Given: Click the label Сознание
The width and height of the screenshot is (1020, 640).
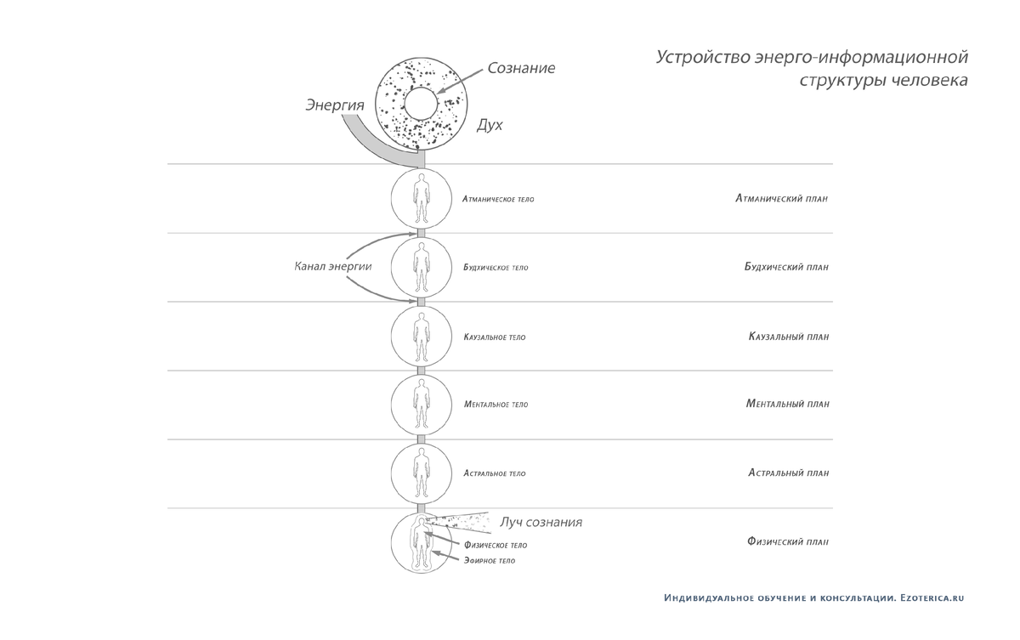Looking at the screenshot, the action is pyautogui.click(x=521, y=68).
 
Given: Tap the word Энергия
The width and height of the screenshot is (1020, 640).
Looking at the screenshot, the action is pyautogui.click(x=335, y=105).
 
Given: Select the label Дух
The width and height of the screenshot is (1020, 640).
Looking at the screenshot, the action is pyautogui.click(x=490, y=125).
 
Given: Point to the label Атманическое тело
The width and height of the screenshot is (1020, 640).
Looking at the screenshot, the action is pyautogui.click(x=498, y=200).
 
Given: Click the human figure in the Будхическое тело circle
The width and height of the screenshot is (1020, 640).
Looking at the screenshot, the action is pyautogui.click(x=422, y=267).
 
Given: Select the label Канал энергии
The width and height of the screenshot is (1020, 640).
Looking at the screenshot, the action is pyautogui.click(x=333, y=266).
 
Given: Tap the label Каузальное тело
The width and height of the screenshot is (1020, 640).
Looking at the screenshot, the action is pyautogui.click(x=495, y=337).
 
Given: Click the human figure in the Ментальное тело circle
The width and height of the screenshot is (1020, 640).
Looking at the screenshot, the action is pyautogui.click(x=422, y=405).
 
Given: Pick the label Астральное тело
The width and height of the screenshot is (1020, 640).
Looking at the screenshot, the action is pyautogui.click(x=495, y=473).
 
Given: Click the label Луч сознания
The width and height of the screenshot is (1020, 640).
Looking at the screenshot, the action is pyautogui.click(x=541, y=522).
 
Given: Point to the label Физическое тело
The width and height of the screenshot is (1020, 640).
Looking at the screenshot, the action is pyautogui.click(x=496, y=546).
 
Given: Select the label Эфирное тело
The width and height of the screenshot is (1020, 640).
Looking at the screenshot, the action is pyautogui.click(x=490, y=561).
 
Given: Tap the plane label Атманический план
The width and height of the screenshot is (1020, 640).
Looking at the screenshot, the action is pyautogui.click(x=781, y=199).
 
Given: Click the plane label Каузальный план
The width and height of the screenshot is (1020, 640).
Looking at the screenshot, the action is pyautogui.click(x=789, y=337).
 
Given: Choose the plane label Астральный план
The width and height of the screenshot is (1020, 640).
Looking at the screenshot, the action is pyautogui.click(x=789, y=473).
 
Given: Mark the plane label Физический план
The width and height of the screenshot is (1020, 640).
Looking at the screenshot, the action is pyautogui.click(x=788, y=541).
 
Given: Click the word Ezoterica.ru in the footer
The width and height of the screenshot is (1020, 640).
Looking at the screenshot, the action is pyautogui.click(x=932, y=598).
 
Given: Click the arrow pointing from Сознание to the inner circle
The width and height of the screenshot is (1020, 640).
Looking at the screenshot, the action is pyautogui.click(x=460, y=82).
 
